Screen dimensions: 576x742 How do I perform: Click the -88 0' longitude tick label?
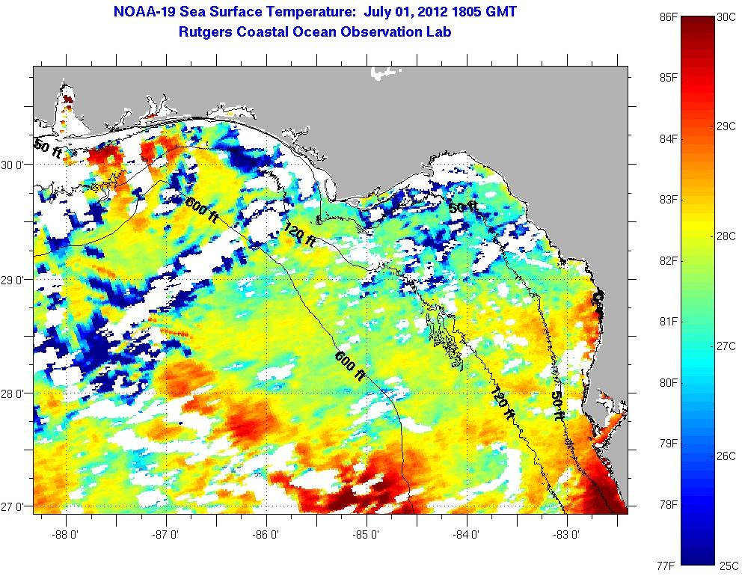tap(66, 535)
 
